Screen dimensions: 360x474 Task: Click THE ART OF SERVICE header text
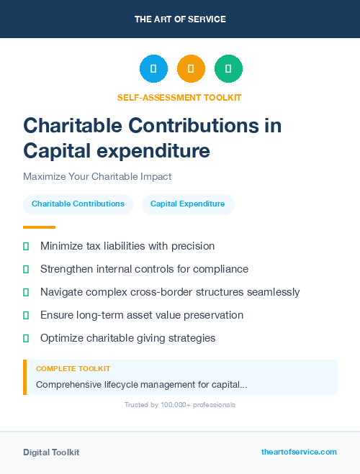(180, 19)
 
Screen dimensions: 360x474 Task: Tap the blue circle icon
(153, 69)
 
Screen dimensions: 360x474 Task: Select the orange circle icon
(191, 69)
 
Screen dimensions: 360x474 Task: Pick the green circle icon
(228, 69)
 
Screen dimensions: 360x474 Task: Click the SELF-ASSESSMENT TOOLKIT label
(179, 97)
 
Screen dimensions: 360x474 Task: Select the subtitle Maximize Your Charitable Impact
(97, 176)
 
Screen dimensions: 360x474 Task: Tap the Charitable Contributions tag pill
(78, 204)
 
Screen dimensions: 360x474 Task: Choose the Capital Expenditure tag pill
(187, 204)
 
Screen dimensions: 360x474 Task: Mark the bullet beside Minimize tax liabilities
(26, 247)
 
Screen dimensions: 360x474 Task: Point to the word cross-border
(170, 292)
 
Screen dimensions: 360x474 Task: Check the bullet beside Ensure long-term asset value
(26, 315)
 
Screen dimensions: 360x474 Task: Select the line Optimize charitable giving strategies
(127, 338)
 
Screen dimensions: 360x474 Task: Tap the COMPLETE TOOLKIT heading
(73, 369)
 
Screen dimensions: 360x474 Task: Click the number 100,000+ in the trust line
(175, 405)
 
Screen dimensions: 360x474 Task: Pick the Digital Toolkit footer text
(51, 452)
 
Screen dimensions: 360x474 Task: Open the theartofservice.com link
(299, 452)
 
